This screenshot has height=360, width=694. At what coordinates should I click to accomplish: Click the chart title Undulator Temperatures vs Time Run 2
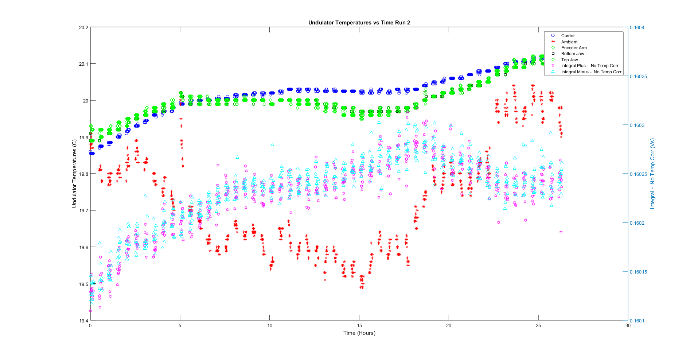click(359, 23)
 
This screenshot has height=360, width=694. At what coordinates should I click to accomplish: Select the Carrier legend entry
click(568, 36)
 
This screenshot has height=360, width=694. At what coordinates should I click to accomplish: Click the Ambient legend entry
click(569, 42)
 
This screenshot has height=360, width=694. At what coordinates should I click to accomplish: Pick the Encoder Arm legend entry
click(574, 48)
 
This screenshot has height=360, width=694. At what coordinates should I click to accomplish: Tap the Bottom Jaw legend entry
click(572, 54)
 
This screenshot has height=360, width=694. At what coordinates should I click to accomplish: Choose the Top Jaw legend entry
click(569, 60)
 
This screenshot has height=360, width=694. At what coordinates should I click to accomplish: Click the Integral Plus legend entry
click(589, 66)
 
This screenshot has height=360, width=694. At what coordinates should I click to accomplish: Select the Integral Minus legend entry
click(591, 72)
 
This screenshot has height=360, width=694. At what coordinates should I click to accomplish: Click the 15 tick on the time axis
click(359, 326)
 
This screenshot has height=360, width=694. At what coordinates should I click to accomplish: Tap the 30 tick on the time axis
click(628, 326)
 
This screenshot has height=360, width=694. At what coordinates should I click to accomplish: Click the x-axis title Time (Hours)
click(359, 333)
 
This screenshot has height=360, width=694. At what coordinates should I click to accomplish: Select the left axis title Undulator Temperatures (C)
click(74, 174)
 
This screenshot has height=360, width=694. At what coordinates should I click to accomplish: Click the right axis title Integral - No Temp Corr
click(652, 174)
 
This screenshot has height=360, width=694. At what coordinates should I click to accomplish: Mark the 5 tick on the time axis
click(180, 326)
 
